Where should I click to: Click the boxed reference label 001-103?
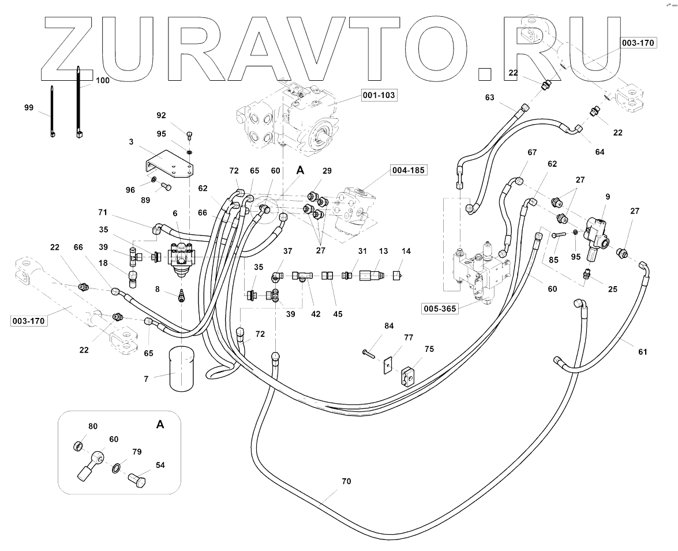(380, 95)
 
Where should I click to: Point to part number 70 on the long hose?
(346, 481)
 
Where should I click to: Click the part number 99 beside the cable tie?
(29, 108)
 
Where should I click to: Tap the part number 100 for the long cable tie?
(102, 81)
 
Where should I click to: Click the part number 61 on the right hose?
(643, 352)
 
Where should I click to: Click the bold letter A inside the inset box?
(160, 425)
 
